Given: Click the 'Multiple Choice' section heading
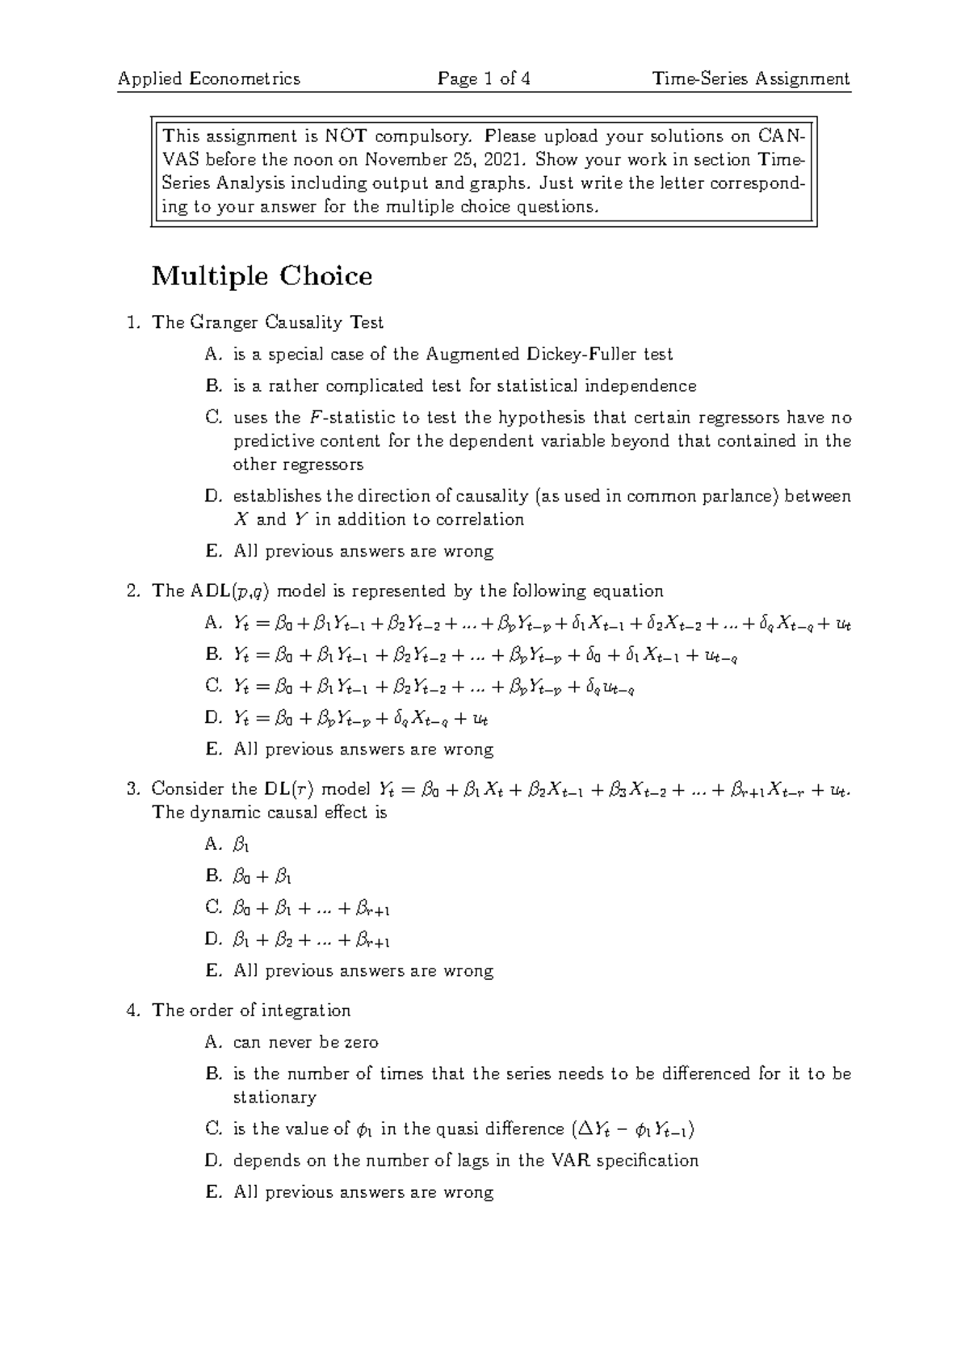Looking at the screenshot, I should click(262, 276).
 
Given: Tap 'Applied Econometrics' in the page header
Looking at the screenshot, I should click(208, 78).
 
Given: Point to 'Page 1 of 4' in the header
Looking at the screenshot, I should click(483, 78).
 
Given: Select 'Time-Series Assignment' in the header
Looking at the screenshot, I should click(751, 78).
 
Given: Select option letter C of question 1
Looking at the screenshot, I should click(213, 418).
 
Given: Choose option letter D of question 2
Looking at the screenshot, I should click(213, 717).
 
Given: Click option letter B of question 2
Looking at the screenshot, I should click(213, 654).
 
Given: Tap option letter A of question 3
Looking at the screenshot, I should click(213, 844).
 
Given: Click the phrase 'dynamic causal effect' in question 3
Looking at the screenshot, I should click(273, 813).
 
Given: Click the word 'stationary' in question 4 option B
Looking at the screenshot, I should click(275, 1098).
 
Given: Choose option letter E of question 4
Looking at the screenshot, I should click(213, 1192).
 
